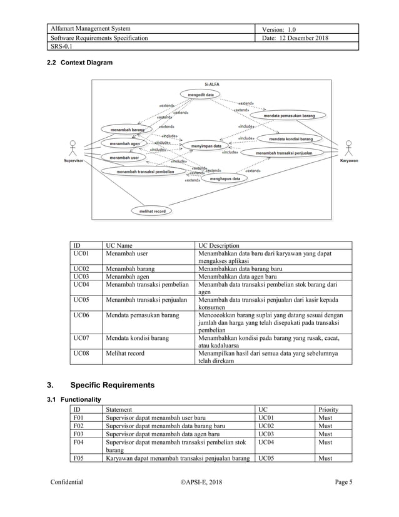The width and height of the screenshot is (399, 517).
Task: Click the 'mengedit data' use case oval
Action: [200, 94]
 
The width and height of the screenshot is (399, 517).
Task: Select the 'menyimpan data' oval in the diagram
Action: [207, 146]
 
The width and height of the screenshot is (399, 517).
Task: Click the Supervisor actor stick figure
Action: [74, 149]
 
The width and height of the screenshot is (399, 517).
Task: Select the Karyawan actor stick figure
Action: [349, 149]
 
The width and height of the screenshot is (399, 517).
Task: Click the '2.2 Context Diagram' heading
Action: [81, 63]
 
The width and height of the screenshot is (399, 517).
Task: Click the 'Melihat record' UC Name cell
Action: [125, 354]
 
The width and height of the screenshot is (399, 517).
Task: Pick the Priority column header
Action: [328, 409]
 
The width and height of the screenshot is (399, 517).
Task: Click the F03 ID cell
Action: [78, 433]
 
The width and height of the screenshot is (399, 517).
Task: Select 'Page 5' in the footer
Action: [342, 482]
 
